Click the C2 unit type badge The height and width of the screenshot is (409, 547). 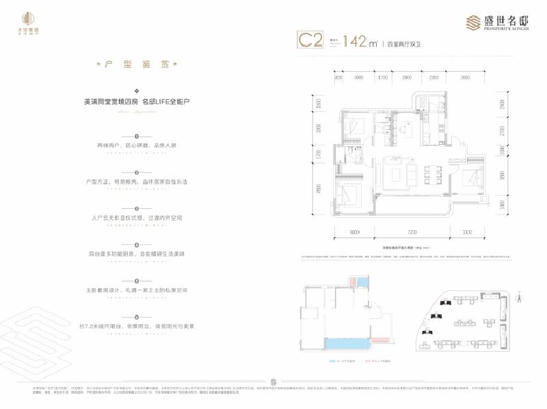click(310, 40)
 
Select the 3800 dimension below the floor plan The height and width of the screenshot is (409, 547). click(354, 233)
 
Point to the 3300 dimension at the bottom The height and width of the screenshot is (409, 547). click(467, 233)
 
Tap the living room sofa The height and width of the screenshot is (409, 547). click(395, 172)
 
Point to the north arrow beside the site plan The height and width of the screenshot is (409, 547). click(518, 295)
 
